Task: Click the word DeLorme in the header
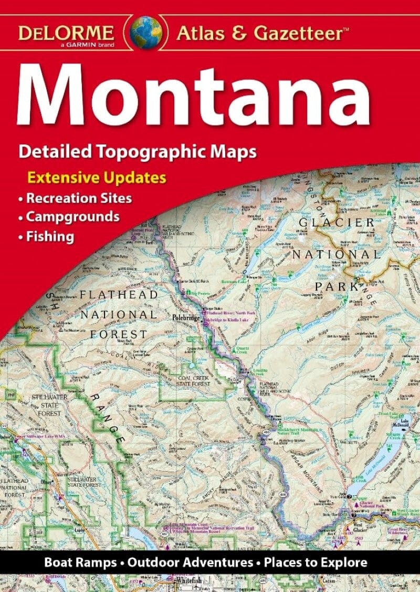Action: click(x=67, y=33)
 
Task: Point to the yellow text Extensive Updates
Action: click(x=97, y=178)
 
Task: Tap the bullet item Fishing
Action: click(x=50, y=236)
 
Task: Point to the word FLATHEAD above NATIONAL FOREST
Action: click(x=118, y=295)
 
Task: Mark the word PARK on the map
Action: click(x=335, y=286)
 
